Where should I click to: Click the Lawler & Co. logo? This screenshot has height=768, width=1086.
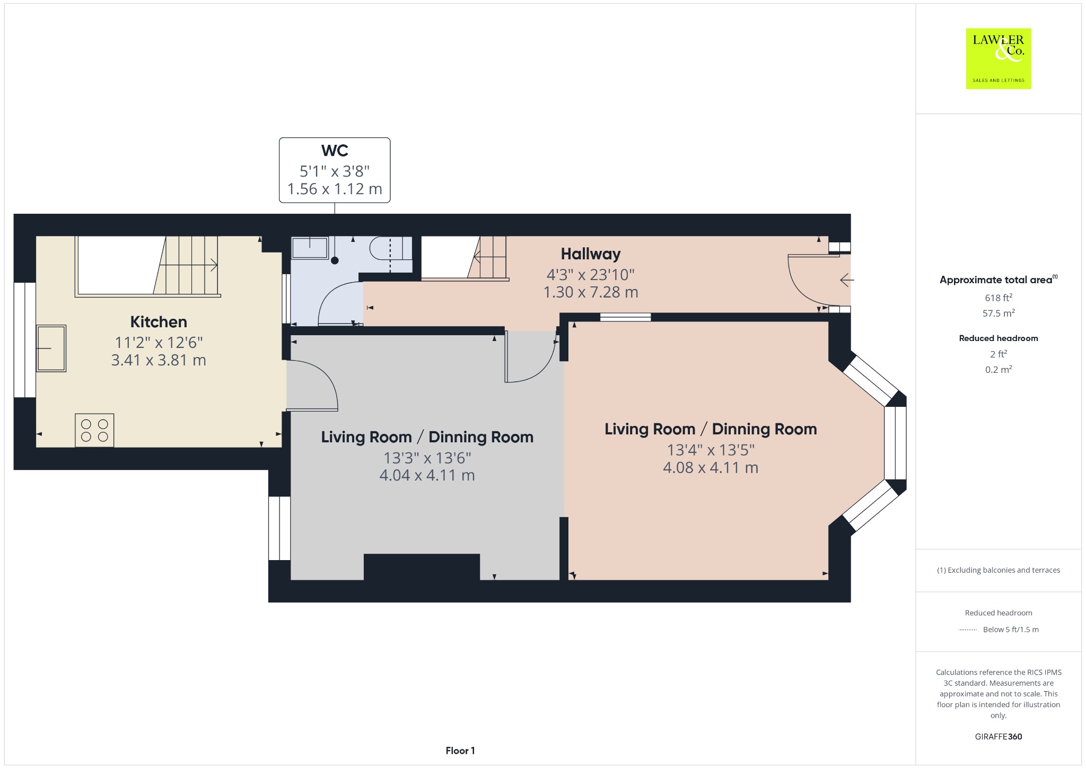click(x=998, y=58)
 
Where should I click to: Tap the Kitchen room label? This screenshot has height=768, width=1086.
click(x=159, y=322)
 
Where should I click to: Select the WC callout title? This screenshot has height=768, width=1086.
click(x=335, y=151)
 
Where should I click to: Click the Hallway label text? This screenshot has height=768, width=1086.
click(x=591, y=254)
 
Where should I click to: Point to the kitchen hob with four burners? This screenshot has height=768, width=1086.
click(x=94, y=430)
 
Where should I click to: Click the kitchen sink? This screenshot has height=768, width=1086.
click(x=51, y=348)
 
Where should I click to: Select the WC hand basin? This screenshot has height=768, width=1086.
click(x=310, y=248)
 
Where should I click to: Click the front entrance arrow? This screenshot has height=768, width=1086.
click(x=847, y=280)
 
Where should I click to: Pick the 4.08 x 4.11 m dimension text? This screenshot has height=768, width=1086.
click(x=711, y=468)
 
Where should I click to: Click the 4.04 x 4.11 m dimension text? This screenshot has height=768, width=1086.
click(x=427, y=475)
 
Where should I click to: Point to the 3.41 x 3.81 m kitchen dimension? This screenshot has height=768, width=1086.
click(x=159, y=361)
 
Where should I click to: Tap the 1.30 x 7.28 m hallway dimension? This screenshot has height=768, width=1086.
click(x=591, y=292)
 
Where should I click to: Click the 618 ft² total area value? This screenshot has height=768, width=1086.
click(x=999, y=298)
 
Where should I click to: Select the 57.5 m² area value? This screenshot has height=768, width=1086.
click(x=999, y=313)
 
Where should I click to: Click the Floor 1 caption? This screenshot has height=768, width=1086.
click(x=460, y=750)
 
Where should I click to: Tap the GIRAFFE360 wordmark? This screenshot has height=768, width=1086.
click(x=999, y=737)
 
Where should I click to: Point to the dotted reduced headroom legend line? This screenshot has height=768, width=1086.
click(x=968, y=630)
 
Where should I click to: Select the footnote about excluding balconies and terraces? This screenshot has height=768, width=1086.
click(x=999, y=570)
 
